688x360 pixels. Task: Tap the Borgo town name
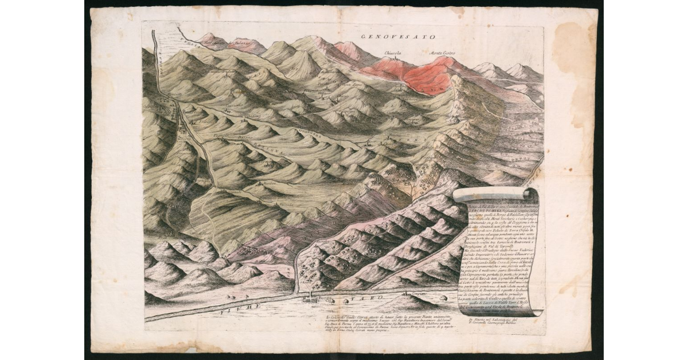[x=325, y=299]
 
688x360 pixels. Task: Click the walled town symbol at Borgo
[x=310, y=298]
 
